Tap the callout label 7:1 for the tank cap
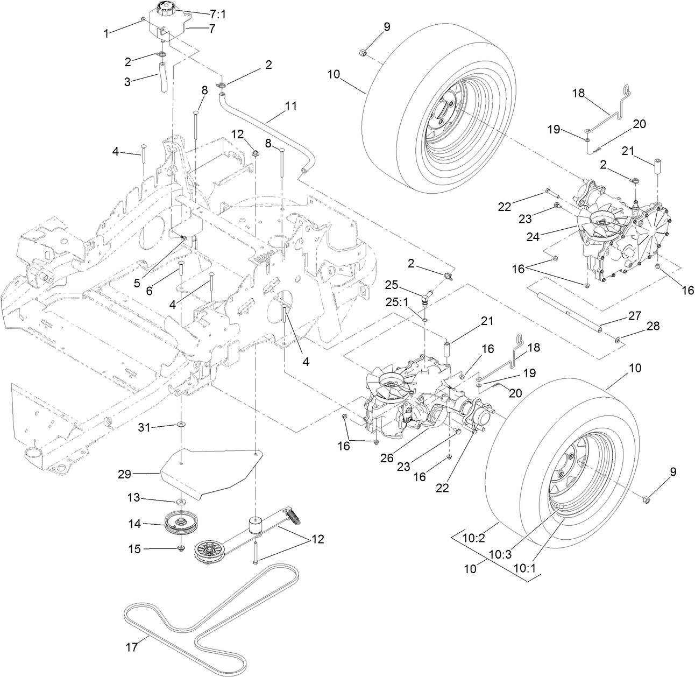[x=218, y=15]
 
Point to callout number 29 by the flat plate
[x=125, y=474]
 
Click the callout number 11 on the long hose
[x=290, y=106]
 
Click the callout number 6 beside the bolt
[x=149, y=290]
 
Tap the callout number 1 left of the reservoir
[x=107, y=33]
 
